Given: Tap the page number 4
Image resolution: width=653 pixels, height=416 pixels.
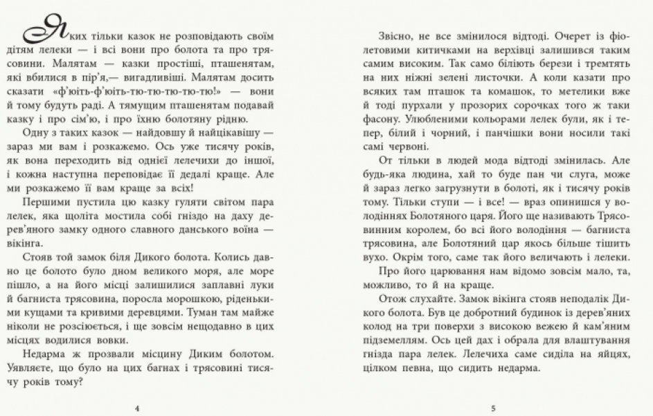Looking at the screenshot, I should click(x=138, y=408).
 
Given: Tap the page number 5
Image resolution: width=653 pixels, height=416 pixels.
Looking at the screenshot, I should click(x=492, y=408).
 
